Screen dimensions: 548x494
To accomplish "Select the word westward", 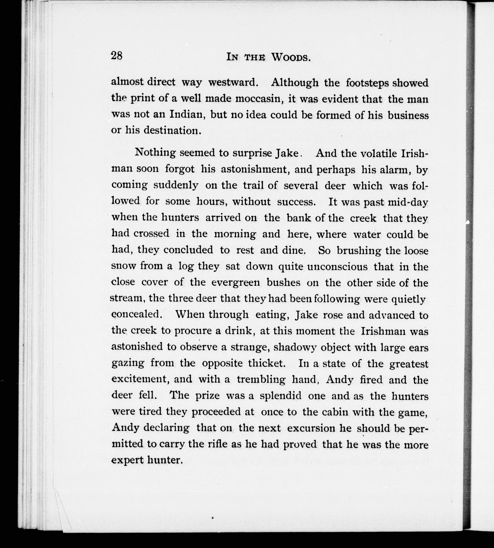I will tap(233, 82).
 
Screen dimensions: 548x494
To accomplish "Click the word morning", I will tap(235, 234).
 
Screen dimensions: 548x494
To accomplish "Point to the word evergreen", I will tap(236, 282).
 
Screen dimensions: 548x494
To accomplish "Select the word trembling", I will tap(261, 379).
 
